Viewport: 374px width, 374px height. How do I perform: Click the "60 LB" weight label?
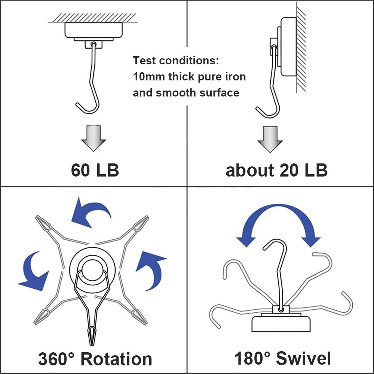coord(95,170)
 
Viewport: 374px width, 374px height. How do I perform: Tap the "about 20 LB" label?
coord(276,170)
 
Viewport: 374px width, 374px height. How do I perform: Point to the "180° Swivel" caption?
coord(282,358)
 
